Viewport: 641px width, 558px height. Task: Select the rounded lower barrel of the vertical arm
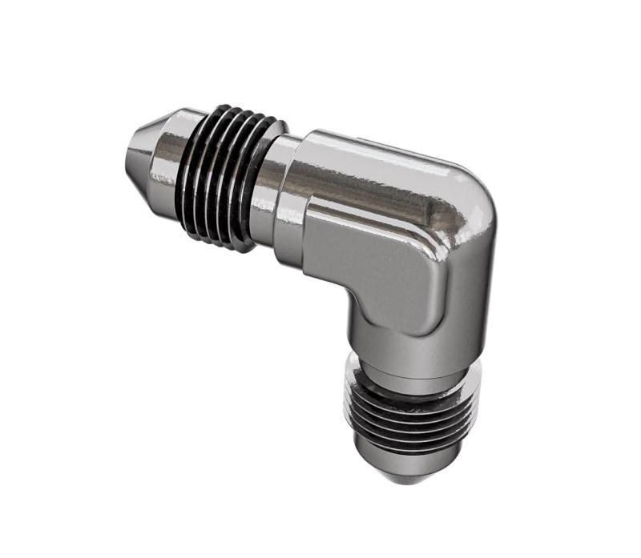(x=417, y=336)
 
